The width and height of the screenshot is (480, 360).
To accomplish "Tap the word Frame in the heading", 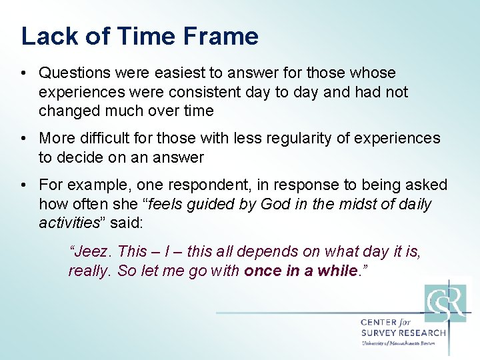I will [223, 36].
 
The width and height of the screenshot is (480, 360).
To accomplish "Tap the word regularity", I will [298, 138].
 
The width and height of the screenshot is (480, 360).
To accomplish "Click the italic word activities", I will [69, 223].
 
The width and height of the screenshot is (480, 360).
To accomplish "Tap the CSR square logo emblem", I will [445, 303].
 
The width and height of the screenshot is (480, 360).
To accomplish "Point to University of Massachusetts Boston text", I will [398, 343].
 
